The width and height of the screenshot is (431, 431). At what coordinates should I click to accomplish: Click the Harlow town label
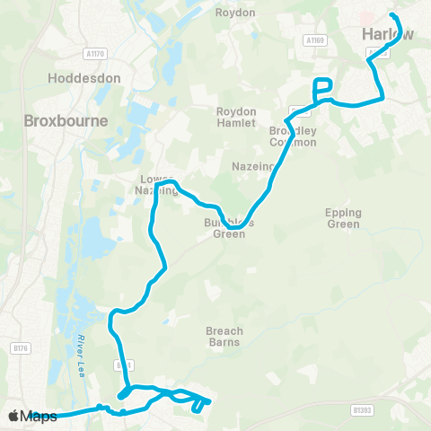pyautogui.click(x=388, y=34)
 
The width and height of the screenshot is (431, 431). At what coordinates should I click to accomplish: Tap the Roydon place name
pyautogui.click(x=236, y=13)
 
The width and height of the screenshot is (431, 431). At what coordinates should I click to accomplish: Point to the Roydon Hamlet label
pyautogui.click(x=237, y=118)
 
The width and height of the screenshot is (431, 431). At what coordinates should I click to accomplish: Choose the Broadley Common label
pyautogui.click(x=293, y=136)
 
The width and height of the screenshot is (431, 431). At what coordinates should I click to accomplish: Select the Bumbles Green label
pyautogui.click(x=235, y=229)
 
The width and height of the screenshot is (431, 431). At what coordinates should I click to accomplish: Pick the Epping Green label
pyautogui.click(x=344, y=218)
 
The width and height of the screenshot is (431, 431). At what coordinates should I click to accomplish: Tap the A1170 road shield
pyautogui.click(x=92, y=54)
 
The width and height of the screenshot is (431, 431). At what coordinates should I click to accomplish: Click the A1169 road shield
pyautogui.click(x=313, y=40)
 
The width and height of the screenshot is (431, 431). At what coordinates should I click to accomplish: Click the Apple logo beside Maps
pyautogui.click(x=13, y=416)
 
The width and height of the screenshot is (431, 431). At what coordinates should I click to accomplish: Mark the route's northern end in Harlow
pyautogui.click(x=391, y=15)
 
